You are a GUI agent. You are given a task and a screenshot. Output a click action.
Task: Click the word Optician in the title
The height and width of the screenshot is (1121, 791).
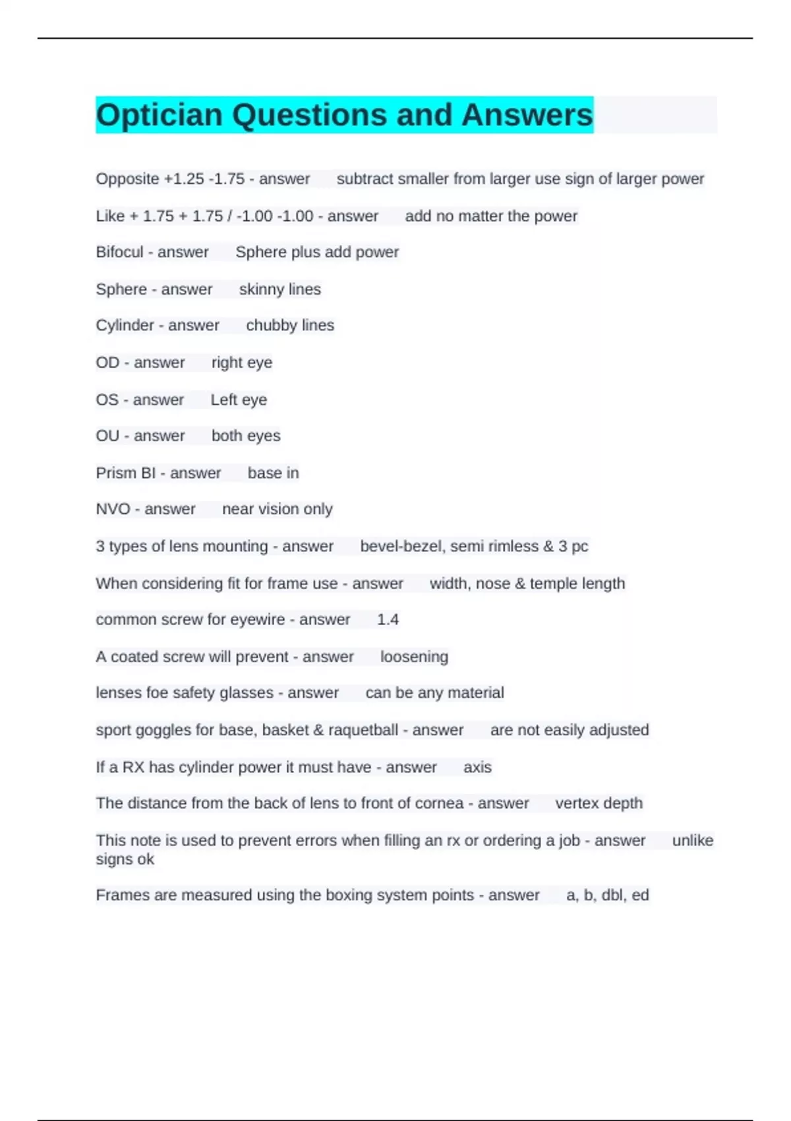pyautogui.click(x=159, y=115)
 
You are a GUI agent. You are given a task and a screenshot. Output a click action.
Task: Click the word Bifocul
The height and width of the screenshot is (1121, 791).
pyautogui.click(x=119, y=253)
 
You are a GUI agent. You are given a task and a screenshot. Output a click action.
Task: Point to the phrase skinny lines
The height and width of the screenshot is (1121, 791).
pyautogui.click(x=279, y=289)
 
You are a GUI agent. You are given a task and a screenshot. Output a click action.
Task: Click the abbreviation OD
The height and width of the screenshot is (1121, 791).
pyautogui.click(x=107, y=363)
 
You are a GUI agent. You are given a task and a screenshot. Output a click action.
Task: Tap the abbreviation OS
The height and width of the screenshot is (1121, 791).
pyautogui.click(x=107, y=400)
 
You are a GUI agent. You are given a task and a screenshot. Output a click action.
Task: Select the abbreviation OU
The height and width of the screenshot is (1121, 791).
pyautogui.click(x=107, y=436)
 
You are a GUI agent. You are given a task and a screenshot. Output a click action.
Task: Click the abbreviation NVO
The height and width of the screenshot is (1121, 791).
pyautogui.click(x=113, y=509)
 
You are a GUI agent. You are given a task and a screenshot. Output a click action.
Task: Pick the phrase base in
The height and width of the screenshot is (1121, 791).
pyautogui.click(x=273, y=473)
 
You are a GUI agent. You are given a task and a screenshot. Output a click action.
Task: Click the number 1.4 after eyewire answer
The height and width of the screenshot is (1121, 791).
pyautogui.click(x=388, y=619)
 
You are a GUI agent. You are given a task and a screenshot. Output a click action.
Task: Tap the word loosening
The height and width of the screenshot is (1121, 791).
pyautogui.click(x=414, y=657)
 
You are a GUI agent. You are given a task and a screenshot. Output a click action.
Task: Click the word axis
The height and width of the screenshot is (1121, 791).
pyautogui.click(x=477, y=768)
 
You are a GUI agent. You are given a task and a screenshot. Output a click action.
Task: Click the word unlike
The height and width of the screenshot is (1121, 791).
pyautogui.click(x=692, y=841)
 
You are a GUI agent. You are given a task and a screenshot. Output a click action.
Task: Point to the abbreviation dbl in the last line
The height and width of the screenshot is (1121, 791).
pyautogui.click(x=612, y=895)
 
